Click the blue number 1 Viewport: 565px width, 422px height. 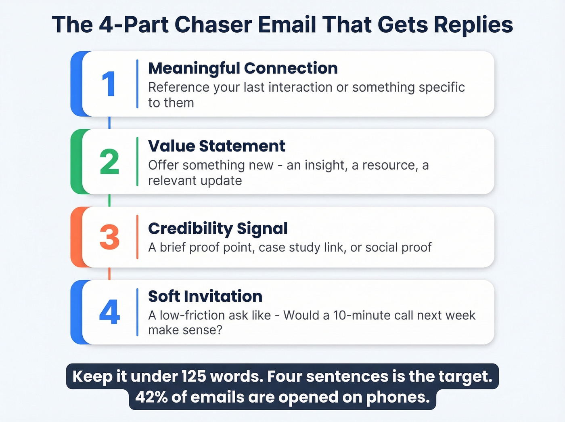pyautogui.click(x=109, y=84)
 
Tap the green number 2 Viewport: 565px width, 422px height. pyautogui.click(x=109, y=162)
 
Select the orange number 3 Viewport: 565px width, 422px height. pyautogui.click(x=109, y=237)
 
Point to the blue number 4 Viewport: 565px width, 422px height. pyautogui.click(x=109, y=312)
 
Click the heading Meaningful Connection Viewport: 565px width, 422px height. pyautogui.click(x=243, y=68)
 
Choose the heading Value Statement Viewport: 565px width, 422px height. pyautogui.click(x=216, y=146)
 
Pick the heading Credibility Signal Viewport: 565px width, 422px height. pyautogui.click(x=218, y=229)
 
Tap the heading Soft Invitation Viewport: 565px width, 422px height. pyautogui.click(x=205, y=296)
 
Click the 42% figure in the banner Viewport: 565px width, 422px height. pyautogui.click(x=151, y=397)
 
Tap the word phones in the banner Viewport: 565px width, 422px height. pyautogui.click(x=398, y=397)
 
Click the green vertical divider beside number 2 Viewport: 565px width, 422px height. pyautogui.click(x=138, y=162)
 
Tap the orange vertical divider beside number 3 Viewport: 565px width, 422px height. pyautogui.click(x=138, y=237)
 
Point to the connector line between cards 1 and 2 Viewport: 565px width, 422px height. pyautogui.click(x=109, y=123)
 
